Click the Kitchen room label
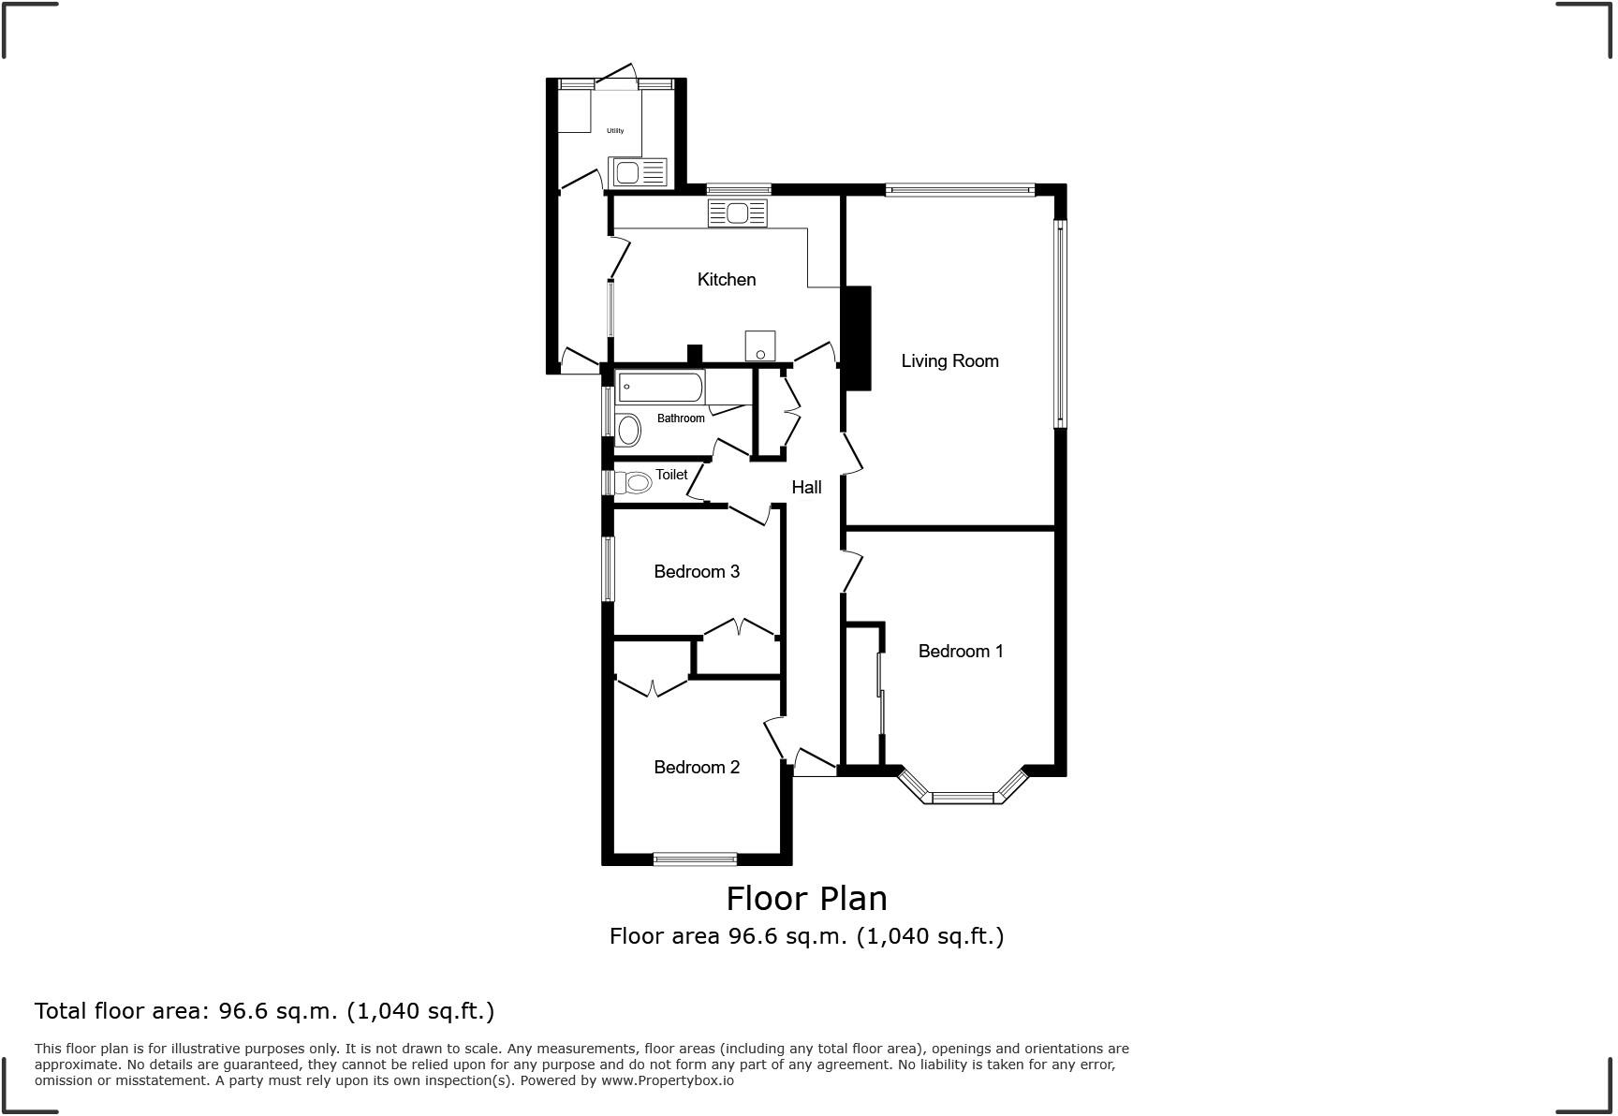(726, 279)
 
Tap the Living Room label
(949, 360)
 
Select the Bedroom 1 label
(960, 651)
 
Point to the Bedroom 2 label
(696, 767)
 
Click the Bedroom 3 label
(696, 571)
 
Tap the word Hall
(806, 487)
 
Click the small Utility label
(615, 131)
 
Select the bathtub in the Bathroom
(660, 387)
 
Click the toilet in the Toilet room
(634, 483)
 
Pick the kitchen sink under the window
(738, 213)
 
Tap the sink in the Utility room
(638, 172)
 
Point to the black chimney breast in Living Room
(857, 338)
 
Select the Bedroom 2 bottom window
(695, 859)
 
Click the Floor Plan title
(806, 898)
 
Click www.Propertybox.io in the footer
(667, 1080)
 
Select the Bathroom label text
(681, 418)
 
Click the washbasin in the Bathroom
(628, 431)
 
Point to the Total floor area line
(264, 1011)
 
